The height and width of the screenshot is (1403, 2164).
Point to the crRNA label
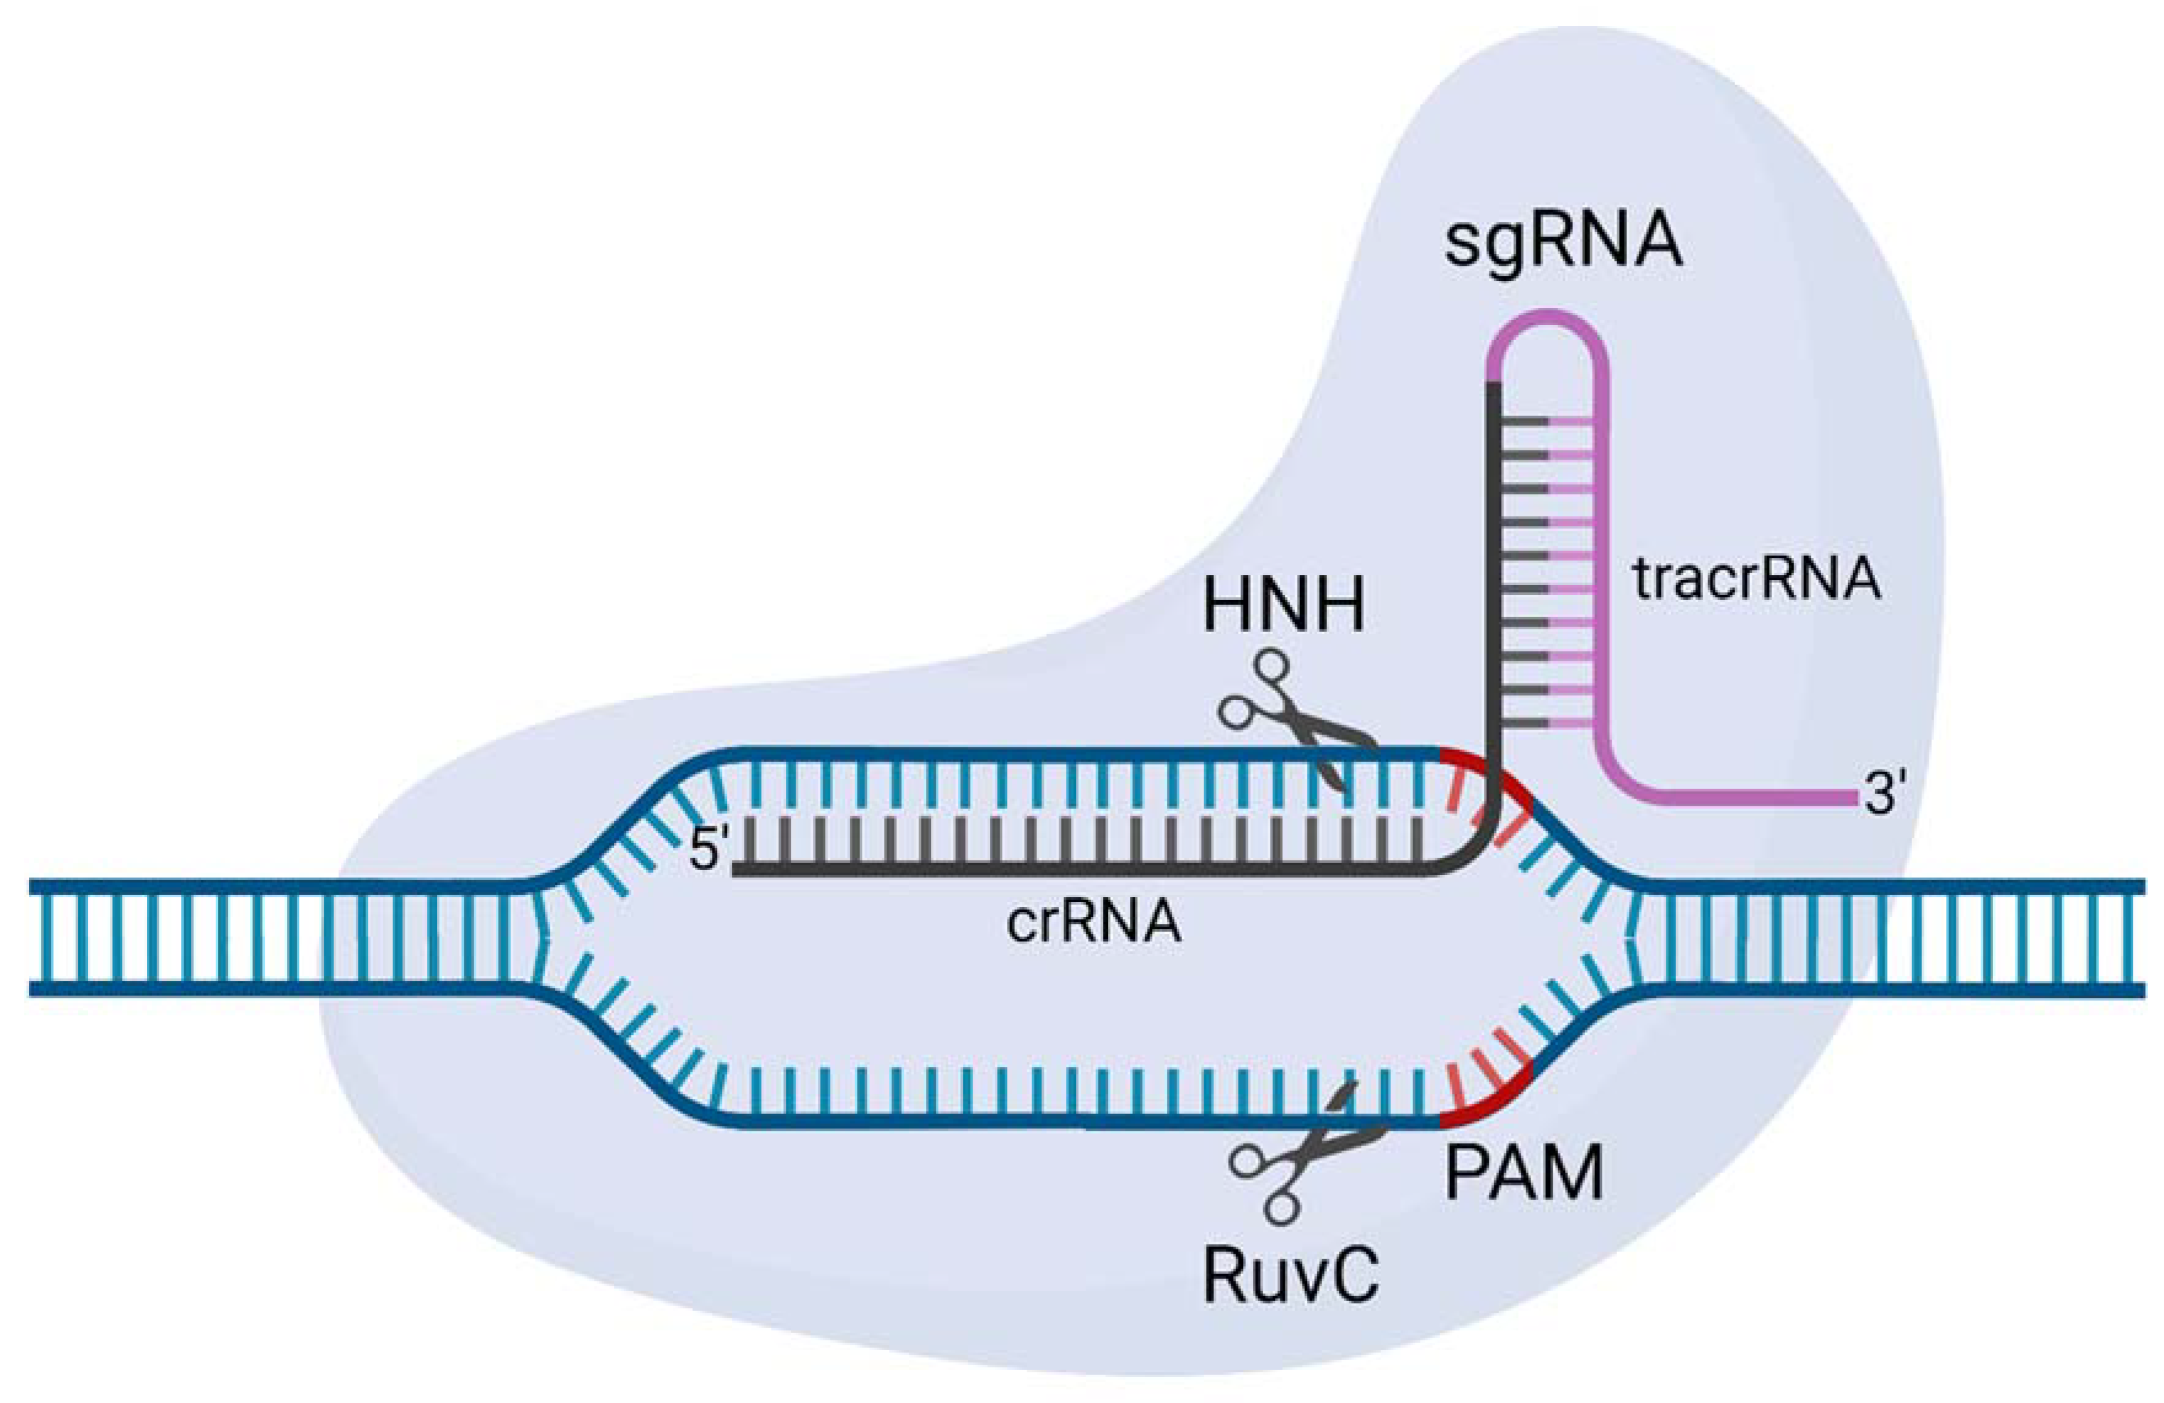(x=1094, y=923)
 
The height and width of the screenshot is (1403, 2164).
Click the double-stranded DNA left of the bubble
(x=273, y=937)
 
